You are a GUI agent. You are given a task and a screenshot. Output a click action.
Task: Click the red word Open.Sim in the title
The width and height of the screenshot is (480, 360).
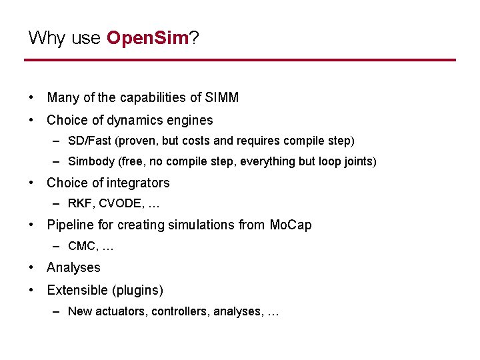tap(147, 38)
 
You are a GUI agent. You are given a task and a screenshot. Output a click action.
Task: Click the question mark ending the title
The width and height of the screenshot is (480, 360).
tap(195, 38)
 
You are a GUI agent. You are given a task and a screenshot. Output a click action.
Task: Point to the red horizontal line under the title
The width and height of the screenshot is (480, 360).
tap(240, 60)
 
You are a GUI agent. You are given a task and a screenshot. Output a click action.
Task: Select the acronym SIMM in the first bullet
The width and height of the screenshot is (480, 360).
tap(222, 97)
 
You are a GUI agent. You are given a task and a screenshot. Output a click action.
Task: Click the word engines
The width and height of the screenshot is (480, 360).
tap(191, 121)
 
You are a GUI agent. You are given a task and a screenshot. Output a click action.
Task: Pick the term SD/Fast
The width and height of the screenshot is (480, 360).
tap(89, 141)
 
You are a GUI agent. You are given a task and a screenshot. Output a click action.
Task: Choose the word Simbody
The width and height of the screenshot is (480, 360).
tap(90, 161)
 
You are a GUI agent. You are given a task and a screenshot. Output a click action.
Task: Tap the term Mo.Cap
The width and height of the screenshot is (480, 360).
tap(291, 225)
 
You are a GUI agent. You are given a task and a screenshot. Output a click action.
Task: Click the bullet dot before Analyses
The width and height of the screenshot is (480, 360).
tap(32, 267)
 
